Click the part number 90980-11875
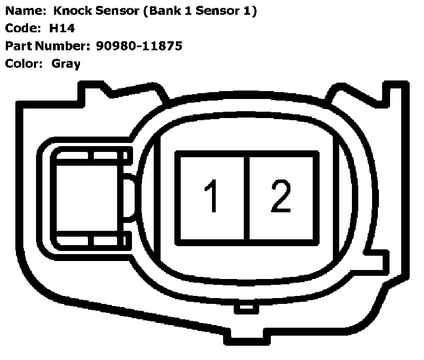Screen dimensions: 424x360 pos(139,46)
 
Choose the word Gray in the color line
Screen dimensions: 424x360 pos(66,64)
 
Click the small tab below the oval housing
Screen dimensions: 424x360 pos(245,307)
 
